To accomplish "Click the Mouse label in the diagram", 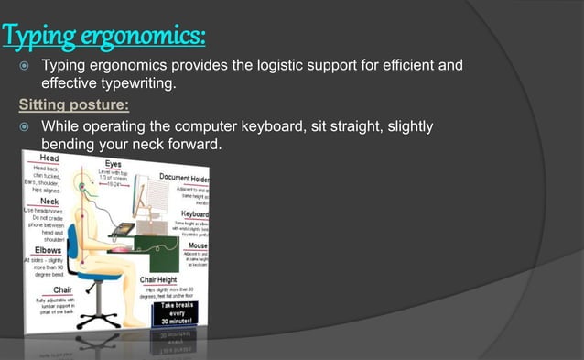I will [198, 245].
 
